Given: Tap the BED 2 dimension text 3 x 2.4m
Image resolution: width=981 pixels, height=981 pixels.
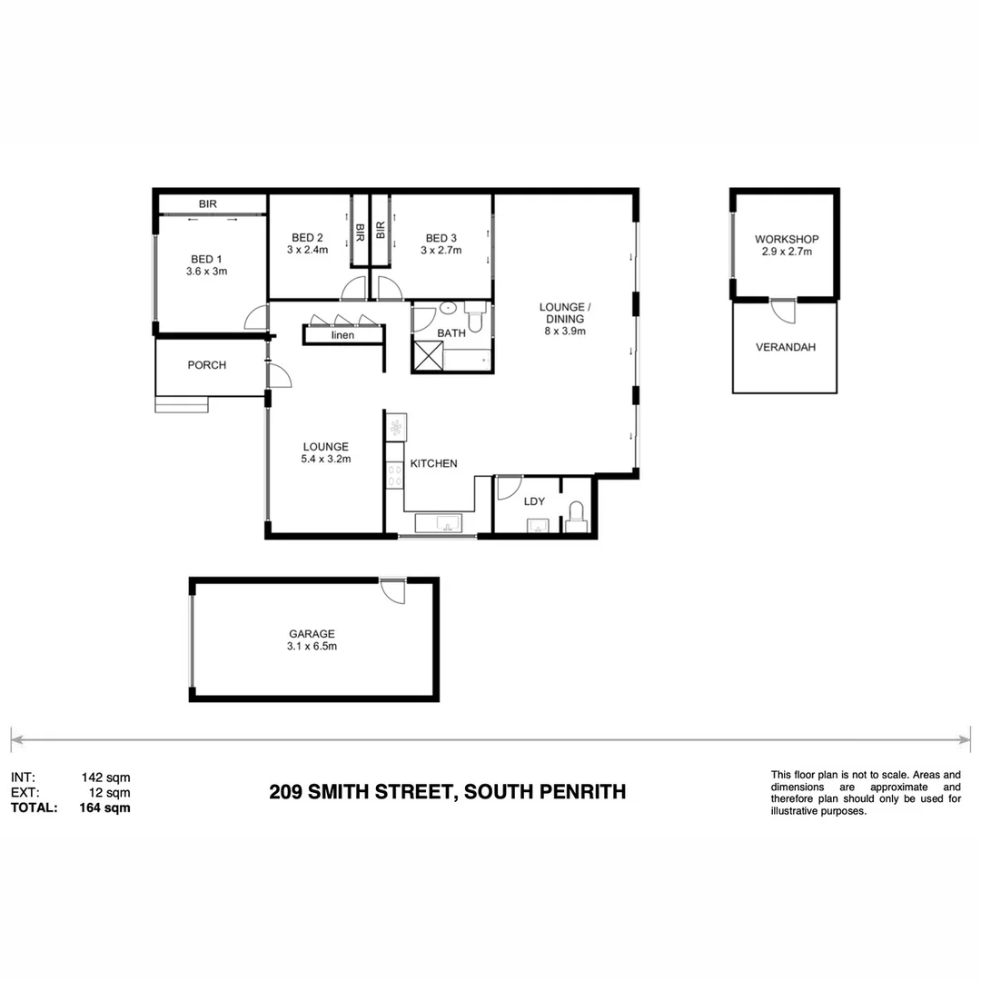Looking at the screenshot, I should coord(307,251).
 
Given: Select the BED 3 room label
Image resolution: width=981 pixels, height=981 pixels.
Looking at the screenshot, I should coord(441,238).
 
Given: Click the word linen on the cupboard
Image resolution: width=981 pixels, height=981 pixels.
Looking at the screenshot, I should coord(342,335).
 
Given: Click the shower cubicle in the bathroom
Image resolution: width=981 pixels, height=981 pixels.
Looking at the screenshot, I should coord(427,356).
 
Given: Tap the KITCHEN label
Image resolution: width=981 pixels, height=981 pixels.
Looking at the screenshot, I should coord(433,463).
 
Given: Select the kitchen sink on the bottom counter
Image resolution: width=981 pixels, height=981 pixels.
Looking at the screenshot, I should coord(439,523).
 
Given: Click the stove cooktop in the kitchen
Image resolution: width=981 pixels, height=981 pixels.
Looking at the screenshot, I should coord(395,472).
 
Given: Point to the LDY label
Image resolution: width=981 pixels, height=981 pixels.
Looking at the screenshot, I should coord(534,500).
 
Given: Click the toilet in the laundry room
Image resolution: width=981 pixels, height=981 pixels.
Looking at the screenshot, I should coord(576,518).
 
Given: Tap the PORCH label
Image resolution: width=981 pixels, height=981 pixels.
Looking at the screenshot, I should coord(207,365).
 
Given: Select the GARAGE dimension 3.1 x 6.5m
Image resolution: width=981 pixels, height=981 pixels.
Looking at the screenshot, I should coord(312,647).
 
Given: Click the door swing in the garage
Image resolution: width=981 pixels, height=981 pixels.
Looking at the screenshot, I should coord(393,590).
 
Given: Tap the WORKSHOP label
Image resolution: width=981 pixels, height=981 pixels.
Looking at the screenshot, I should coord(787,239).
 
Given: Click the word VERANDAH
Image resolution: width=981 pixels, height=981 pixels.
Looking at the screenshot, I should coord(786,347).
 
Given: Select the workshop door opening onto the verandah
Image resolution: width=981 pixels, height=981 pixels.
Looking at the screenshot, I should coord(782,309).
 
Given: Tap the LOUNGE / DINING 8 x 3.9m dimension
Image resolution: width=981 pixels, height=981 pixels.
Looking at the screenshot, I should coord(564,332).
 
